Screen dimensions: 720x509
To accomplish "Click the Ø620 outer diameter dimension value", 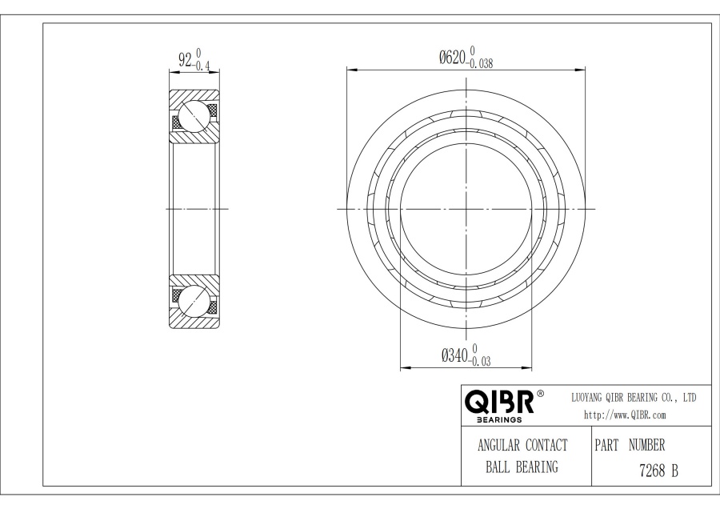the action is (x=452, y=58).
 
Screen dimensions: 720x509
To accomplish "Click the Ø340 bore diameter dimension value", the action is (x=454, y=355).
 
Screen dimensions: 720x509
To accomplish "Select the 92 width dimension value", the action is (x=185, y=60).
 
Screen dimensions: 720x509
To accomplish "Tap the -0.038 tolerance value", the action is (x=479, y=63).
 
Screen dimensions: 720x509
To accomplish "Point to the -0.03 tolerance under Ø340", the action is (x=479, y=361).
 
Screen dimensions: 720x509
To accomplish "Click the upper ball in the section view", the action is (x=194, y=116).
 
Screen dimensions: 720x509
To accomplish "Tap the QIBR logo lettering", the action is (x=499, y=402).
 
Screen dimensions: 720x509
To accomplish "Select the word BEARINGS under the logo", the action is (x=499, y=419).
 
